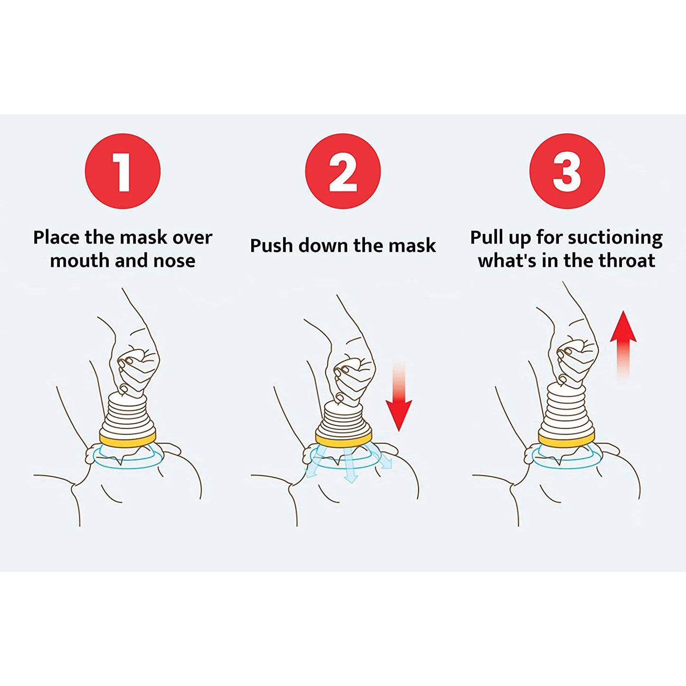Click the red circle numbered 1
(x=122, y=171)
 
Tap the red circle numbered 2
(x=343, y=171)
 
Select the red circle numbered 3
(x=567, y=171)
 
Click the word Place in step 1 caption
(x=56, y=237)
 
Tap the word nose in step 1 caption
(x=174, y=261)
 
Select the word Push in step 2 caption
(x=271, y=246)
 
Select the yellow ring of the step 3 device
(x=566, y=438)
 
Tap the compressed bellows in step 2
(x=343, y=418)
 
